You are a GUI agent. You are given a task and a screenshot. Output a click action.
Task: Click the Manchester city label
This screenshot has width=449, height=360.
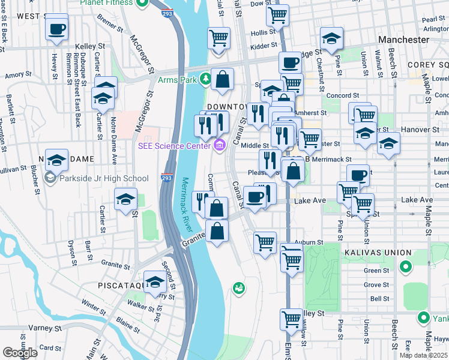coord(403,40)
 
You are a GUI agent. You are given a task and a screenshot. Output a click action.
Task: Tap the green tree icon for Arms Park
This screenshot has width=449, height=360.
coord(206,79)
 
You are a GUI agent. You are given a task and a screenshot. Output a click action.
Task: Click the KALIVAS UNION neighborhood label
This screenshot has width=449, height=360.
coord(378,253)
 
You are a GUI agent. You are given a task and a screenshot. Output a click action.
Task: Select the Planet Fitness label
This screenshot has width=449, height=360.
coord(107,2)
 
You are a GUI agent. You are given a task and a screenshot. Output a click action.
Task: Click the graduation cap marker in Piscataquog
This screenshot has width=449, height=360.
coord(155,283)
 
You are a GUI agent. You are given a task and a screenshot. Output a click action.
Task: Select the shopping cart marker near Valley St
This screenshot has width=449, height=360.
coord(291,319)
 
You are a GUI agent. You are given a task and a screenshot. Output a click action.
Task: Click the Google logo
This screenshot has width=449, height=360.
coord(20,352)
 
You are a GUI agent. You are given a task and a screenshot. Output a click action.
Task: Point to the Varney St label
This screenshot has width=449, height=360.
coord(41,328)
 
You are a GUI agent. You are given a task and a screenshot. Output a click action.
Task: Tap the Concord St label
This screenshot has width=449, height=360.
coord(343,95)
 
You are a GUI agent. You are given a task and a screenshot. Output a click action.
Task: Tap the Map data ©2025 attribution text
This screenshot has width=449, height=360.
coord(424,355)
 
